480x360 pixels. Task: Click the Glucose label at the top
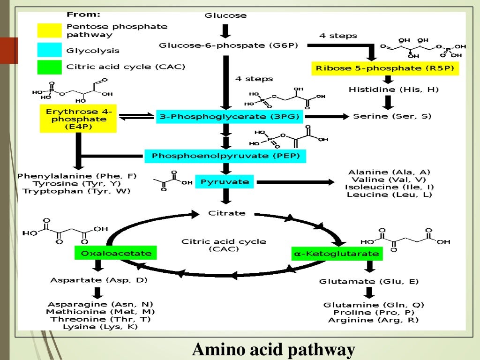point(225,15)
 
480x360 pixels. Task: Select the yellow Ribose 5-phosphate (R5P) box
point(385,68)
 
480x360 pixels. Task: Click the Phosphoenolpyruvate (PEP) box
point(225,156)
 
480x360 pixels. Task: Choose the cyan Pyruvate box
point(225,181)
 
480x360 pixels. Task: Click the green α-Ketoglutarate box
point(337,254)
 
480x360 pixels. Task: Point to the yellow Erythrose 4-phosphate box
point(79,118)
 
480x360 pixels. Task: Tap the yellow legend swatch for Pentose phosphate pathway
point(49,30)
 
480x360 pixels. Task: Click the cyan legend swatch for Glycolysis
point(49,50)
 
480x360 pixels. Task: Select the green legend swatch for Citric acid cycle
point(49,67)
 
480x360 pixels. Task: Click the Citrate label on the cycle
point(226,213)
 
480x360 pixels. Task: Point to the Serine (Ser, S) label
point(392,116)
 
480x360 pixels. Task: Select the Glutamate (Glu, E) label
point(369,281)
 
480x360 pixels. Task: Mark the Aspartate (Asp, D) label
point(99,280)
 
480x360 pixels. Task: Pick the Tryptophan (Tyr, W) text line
point(77,191)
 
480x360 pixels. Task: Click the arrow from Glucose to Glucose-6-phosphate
point(225,30)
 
